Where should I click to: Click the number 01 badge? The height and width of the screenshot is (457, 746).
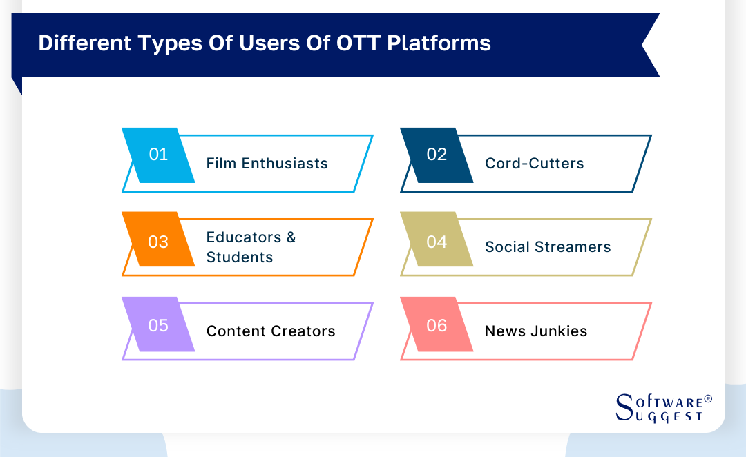click(x=158, y=155)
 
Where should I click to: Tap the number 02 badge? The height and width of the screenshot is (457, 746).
click(x=437, y=155)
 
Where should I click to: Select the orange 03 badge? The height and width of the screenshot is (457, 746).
click(x=158, y=242)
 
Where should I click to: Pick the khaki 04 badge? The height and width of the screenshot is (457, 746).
click(x=437, y=242)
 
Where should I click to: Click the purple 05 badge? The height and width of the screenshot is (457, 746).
click(x=158, y=325)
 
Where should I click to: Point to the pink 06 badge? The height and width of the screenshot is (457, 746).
click(x=437, y=325)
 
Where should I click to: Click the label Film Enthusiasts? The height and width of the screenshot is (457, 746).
click(x=267, y=164)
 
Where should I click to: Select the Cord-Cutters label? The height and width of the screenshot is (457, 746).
click(x=534, y=164)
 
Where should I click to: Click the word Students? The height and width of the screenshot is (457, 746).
click(x=239, y=257)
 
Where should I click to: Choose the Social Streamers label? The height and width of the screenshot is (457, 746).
click(x=548, y=247)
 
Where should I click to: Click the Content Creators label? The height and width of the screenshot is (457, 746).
click(x=271, y=331)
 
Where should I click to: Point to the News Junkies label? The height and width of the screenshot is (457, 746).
click(x=535, y=331)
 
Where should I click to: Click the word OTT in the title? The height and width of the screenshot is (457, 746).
click(x=357, y=43)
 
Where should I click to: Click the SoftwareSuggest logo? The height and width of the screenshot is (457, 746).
click(x=660, y=407)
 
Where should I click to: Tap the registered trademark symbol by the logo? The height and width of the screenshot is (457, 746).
click(x=707, y=400)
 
